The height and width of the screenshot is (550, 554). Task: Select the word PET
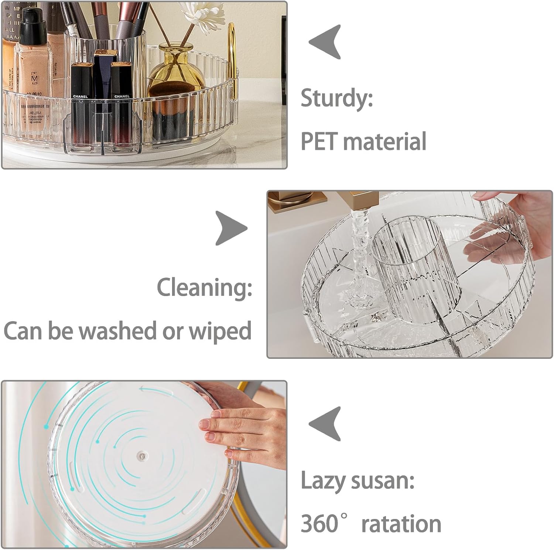319,141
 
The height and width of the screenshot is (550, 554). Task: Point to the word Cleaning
204,287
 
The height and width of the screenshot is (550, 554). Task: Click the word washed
119,330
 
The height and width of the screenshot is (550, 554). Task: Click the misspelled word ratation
401,523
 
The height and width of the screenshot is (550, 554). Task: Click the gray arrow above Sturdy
326,42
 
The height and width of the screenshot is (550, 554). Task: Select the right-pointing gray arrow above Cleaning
231,228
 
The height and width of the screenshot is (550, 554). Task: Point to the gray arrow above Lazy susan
326,424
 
